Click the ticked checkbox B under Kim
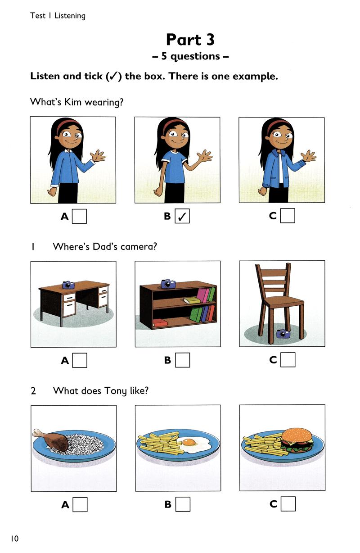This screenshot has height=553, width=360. click(x=182, y=216)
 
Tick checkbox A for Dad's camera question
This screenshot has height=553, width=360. click(x=80, y=360)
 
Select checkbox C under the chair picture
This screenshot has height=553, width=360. click(x=288, y=360)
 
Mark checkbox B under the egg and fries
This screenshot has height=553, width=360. click(x=183, y=504)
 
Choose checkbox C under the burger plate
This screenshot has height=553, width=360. click(x=288, y=503)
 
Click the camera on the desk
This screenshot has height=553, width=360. click(x=68, y=285)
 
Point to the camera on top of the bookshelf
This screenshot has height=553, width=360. click(x=168, y=284)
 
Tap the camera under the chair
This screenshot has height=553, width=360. click(x=283, y=334)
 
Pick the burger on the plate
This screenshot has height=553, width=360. click(x=297, y=440)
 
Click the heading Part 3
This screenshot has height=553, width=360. click(x=190, y=40)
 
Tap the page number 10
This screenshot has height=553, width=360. click(x=14, y=539)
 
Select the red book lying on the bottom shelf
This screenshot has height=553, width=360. click(x=160, y=323)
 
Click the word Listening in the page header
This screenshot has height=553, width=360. click(x=70, y=16)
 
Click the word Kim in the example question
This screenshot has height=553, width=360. click(x=72, y=102)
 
